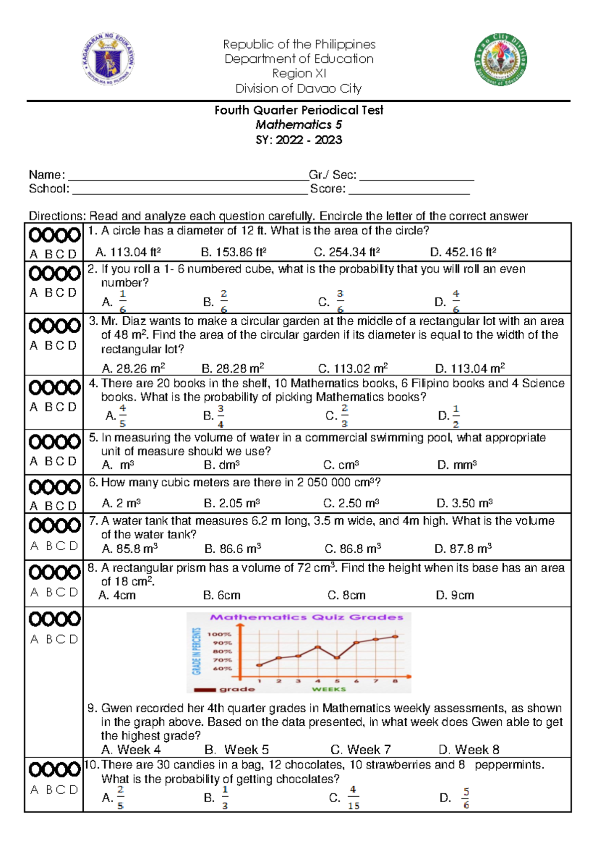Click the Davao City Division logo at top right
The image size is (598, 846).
(x=500, y=60)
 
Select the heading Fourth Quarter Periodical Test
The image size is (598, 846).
(x=299, y=110)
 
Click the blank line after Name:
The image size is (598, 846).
(x=188, y=176)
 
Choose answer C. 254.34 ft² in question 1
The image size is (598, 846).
(x=347, y=252)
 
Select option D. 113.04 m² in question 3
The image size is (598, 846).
(x=470, y=369)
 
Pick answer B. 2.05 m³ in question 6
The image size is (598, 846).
(x=232, y=503)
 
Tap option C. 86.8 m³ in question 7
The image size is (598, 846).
(x=353, y=549)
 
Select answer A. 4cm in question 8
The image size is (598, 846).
(x=117, y=596)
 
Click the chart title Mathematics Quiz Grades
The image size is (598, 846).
(x=306, y=618)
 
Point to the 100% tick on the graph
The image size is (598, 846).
(x=220, y=634)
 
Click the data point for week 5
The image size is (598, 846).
(x=337, y=658)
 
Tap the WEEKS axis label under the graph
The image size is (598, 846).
(x=329, y=689)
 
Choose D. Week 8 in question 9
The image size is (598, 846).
(x=469, y=750)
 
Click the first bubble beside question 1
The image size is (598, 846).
(x=35, y=235)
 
